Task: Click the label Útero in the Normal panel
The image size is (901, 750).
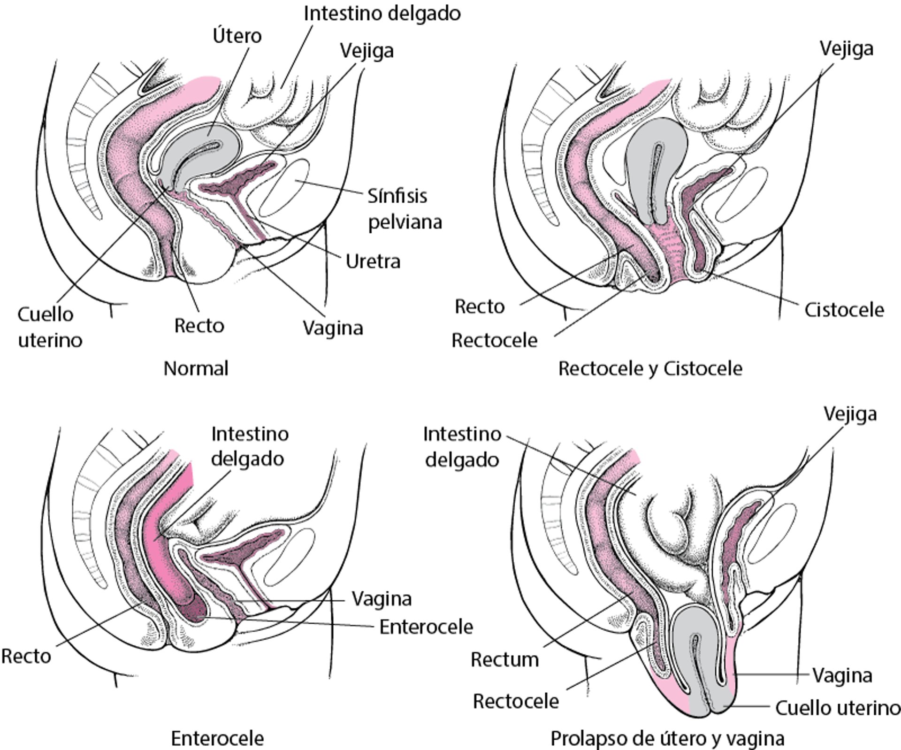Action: tap(237, 36)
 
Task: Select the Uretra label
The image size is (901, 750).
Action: tap(373, 261)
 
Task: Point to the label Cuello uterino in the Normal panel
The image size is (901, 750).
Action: tap(49, 327)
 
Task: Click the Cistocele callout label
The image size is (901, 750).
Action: tap(844, 310)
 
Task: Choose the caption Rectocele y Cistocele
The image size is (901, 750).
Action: tap(650, 369)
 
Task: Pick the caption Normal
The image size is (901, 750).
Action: tap(196, 369)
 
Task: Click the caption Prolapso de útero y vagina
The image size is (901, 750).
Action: tap(667, 738)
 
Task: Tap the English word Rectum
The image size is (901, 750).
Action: tap(504, 660)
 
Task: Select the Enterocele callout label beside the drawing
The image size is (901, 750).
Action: tap(426, 627)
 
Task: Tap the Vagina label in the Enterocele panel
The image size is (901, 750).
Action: tap(382, 599)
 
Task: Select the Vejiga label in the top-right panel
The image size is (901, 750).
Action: tap(846, 49)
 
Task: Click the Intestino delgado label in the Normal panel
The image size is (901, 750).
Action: tap(382, 14)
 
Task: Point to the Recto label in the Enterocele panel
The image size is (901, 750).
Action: tap(26, 656)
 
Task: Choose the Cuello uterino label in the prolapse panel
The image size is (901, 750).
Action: tap(837, 708)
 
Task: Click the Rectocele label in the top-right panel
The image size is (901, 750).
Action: tap(494, 341)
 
